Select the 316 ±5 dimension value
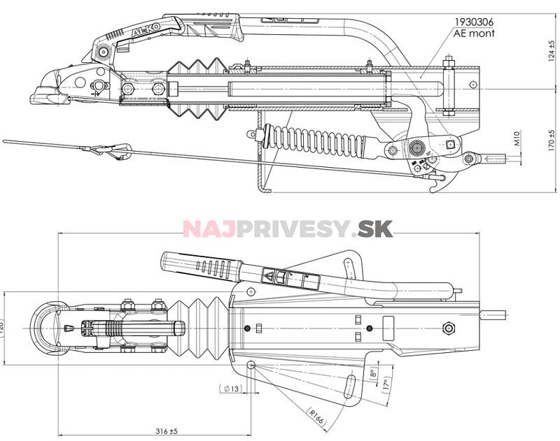[165, 431]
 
